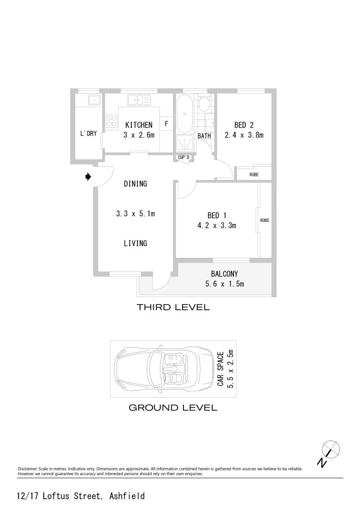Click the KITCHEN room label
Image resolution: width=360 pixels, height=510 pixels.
tap(139, 125)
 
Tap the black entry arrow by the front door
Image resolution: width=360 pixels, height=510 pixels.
tap(88, 177)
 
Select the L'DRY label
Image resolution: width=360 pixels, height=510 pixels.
tap(88, 134)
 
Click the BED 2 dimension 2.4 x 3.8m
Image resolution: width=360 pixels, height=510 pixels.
tap(244, 135)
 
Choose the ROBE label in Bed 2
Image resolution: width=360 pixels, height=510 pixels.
tap(254, 175)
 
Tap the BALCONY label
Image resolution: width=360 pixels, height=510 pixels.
tap(224, 274)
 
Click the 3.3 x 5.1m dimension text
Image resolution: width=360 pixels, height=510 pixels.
tap(135, 214)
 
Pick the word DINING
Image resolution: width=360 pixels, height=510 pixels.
tap(135, 184)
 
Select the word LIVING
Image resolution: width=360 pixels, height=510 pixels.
tap(135, 244)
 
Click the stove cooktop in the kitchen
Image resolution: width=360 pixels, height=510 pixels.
tap(112, 121)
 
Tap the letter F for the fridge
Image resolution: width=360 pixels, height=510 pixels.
tap(166, 124)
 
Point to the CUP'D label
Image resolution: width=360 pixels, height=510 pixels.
tap(184, 157)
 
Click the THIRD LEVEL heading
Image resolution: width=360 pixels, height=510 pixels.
tap(173, 307)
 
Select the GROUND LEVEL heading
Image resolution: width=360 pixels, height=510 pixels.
tap(173, 408)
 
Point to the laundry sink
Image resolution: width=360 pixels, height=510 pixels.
tap(94, 100)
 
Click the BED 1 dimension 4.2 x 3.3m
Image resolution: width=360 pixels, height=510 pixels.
tap(217, 226)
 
